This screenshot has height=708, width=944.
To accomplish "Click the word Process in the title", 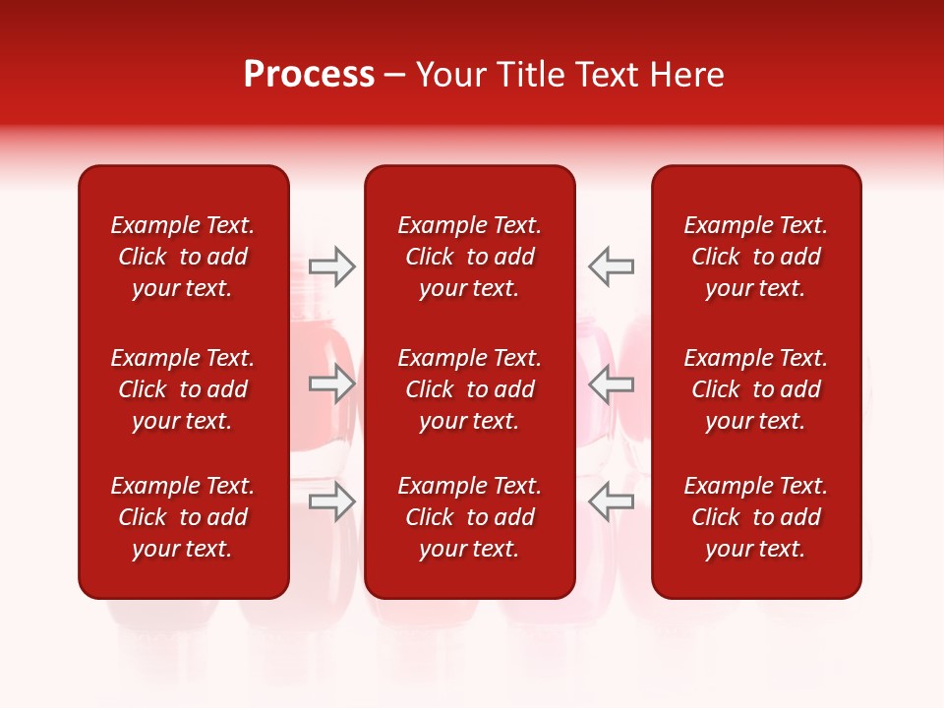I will tap(309, 75).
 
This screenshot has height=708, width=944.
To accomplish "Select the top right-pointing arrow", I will tap(332, 266).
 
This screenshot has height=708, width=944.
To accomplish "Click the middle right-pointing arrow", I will tap(332, 383).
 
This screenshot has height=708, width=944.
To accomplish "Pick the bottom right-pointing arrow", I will tap(332, 501).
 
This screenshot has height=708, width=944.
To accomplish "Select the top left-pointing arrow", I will tap(611, 266).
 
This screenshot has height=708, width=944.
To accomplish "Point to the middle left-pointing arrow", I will tap(611, 383).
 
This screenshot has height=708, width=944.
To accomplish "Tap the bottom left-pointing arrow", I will tap(611, 501).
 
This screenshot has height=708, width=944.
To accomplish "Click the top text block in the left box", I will tap(183, 257).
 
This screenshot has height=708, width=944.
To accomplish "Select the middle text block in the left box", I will tap(183, 389).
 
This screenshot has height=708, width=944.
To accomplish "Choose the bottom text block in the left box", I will tap(183, 517).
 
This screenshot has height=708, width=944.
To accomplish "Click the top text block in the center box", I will tap(469, 257).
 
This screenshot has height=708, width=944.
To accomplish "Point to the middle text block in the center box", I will tap(469, 389).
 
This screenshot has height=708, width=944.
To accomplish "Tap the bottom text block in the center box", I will tap(469, 517).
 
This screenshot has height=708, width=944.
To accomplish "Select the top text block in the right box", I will tap(755, 257).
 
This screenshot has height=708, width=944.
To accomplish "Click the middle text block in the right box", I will tap(755, 389).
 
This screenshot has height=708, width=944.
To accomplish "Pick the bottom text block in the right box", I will tap(755, 517).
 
